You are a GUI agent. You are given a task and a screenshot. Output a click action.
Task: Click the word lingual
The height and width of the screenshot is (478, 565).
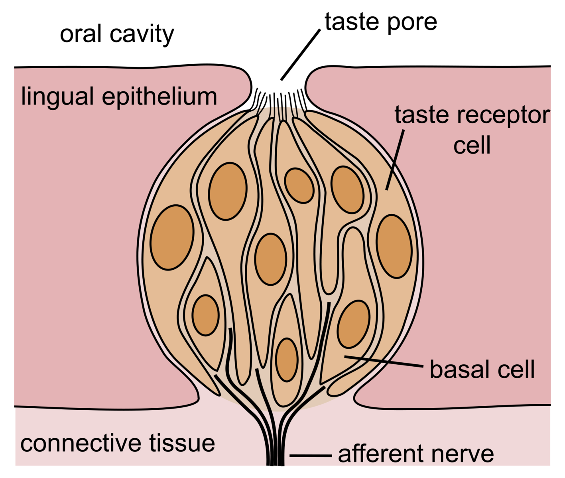click(x=57, y=97)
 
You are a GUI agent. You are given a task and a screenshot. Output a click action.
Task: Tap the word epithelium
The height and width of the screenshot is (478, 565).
click(x=159, y=97)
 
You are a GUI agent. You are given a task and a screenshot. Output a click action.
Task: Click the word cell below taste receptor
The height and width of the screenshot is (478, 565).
click(x=472, y=146)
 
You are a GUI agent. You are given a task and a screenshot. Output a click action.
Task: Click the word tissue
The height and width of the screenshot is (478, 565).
click(x=182, y=443)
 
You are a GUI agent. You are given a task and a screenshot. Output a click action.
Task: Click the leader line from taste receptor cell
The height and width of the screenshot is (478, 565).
click(x=395, y=160)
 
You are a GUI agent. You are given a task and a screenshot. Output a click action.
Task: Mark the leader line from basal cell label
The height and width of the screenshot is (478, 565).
click(x=383, y=361)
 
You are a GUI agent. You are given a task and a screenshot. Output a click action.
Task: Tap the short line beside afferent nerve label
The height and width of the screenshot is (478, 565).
click(x=310, y=455)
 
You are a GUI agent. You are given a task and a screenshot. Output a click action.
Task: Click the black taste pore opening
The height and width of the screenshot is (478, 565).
click(x=278, y=90)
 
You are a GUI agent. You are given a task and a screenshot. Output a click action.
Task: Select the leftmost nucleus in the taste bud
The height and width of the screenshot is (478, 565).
click(x=172, y=237)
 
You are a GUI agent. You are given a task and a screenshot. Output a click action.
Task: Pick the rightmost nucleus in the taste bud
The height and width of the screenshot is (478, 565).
click(x=394, y=246)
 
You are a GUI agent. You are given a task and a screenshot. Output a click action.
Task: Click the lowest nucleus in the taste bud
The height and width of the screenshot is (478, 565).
click(x=287, y=359)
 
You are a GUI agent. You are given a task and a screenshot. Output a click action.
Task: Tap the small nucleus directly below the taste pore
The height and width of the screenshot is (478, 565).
click(x=299, y=185)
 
